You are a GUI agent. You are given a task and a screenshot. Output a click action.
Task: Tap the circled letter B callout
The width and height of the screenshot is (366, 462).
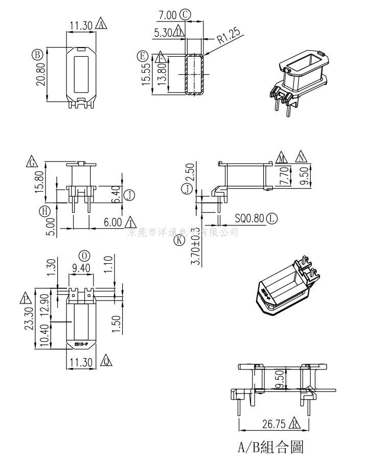[x=37, y=54]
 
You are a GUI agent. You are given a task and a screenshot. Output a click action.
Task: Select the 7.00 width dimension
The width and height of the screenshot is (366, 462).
[x=167, y=15]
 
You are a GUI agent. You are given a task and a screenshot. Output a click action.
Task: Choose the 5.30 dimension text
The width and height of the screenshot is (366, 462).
[x=163, y=32]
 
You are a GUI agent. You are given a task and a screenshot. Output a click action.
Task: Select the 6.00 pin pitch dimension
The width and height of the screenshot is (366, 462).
[x=112, y=222]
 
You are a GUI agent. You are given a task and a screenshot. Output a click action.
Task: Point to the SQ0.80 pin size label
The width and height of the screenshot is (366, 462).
[x=249, y=219]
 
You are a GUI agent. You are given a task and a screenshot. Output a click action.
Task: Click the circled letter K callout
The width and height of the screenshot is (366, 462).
[x=179, y=240]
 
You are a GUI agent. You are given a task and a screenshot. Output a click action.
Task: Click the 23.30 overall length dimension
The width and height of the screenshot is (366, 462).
[x=30, y=318]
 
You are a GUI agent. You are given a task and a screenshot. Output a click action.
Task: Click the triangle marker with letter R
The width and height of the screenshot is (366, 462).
[x=295, y=424]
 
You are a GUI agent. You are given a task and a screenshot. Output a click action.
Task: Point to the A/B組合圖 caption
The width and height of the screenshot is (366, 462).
[x=271, y=448]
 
